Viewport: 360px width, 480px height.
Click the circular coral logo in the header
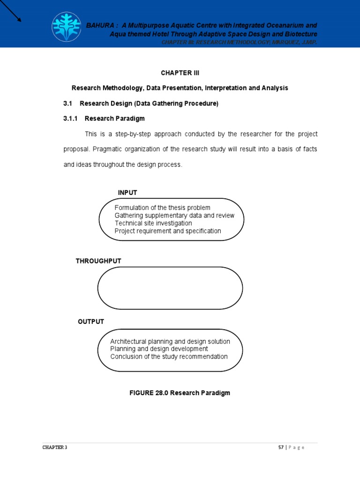tap(66, 27)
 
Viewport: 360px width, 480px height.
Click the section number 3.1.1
tap(71, 119)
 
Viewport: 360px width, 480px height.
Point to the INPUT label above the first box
tap(127, 193)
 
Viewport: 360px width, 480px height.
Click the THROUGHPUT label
tap(98, 261)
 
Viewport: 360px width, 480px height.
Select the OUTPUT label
tap(91, 322)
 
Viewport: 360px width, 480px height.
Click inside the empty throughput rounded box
tap(170, 288)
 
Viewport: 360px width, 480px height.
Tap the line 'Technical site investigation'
tap(153, 223)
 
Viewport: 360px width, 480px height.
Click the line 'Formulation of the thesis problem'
tap(162, 208)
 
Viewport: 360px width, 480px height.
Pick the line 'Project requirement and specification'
tap(168, 231)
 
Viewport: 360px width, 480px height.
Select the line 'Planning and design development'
tap(159, 349)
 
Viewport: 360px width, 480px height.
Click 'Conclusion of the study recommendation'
tap(169, 356)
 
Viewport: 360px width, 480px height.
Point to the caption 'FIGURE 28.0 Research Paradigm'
tap(180, 393)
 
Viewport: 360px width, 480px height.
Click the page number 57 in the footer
tap(281, 447)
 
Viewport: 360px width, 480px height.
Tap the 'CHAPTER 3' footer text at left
tap(55, 447)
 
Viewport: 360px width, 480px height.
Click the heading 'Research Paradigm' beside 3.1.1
tap(115, 119)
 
